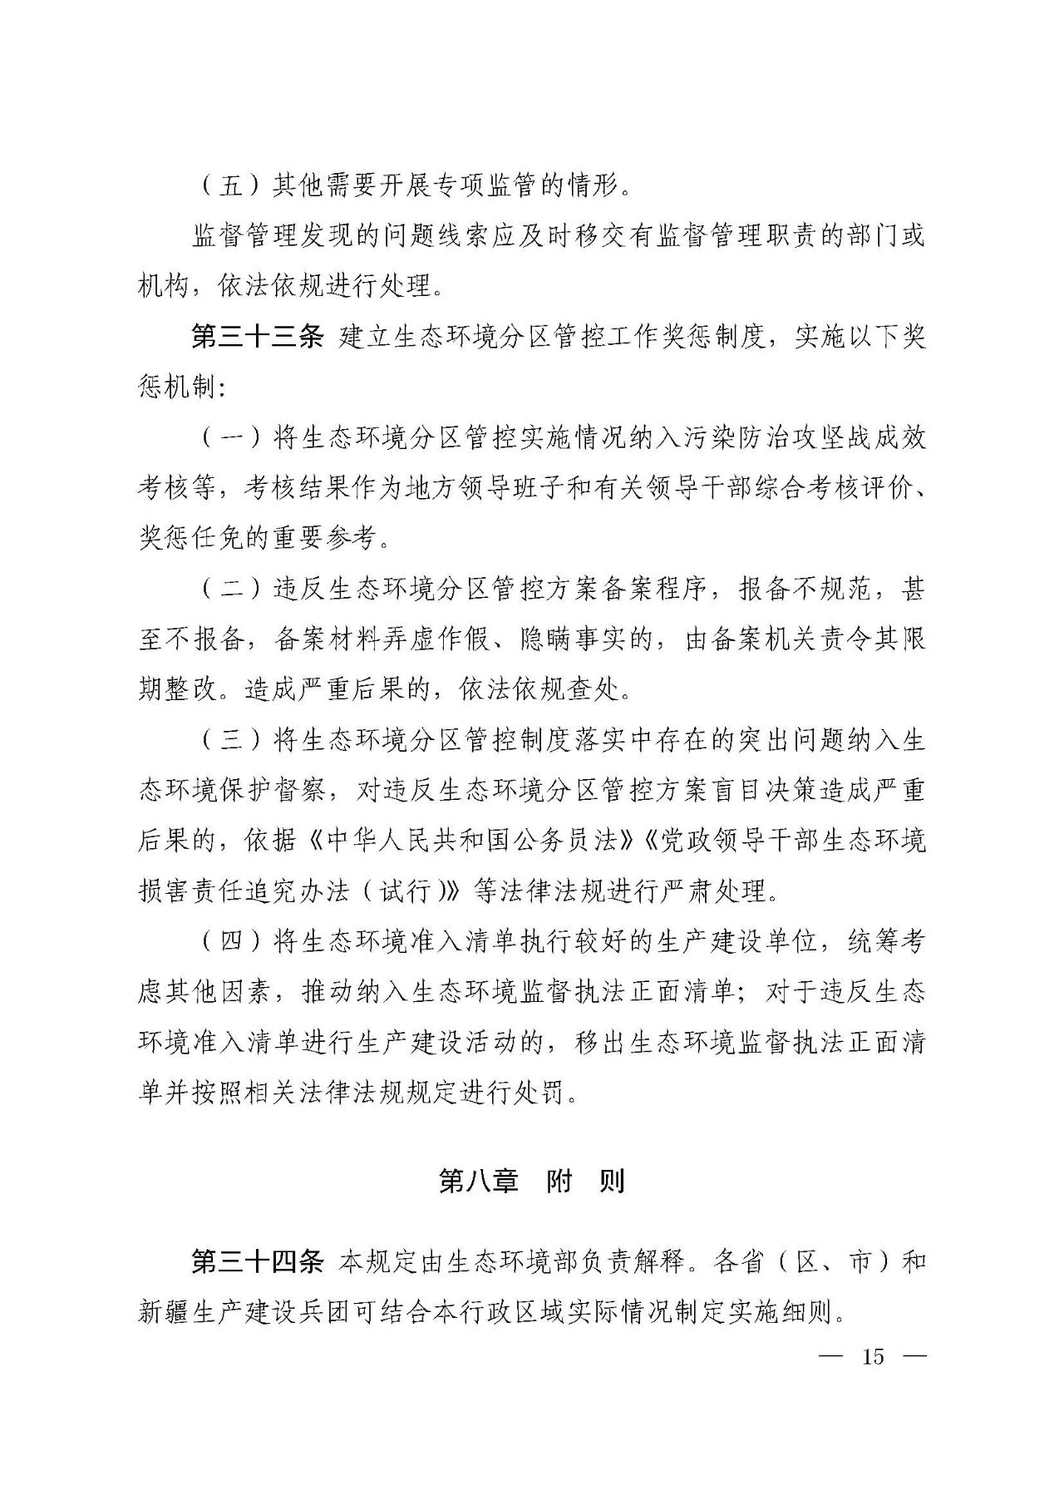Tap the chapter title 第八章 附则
(531, 1182)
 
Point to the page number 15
(873, 1357)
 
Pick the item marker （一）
(230, 439)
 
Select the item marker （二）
(230, 590)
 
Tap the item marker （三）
(230, 741)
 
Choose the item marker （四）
(230, 941)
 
